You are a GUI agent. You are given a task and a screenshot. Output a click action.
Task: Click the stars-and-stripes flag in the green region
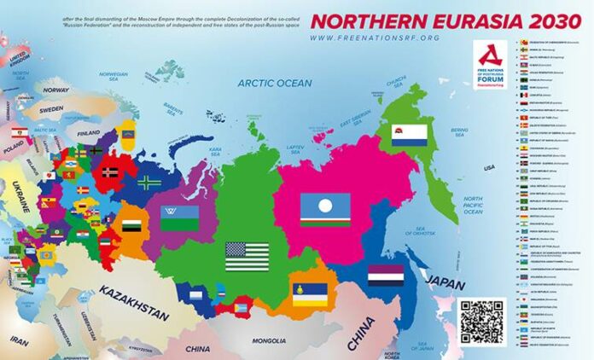click(x=247, y=256)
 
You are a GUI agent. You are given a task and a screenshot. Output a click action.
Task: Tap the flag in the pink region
click(x=324, y=209)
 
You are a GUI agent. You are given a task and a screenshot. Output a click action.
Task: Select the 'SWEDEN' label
click(x=50, y=110)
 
